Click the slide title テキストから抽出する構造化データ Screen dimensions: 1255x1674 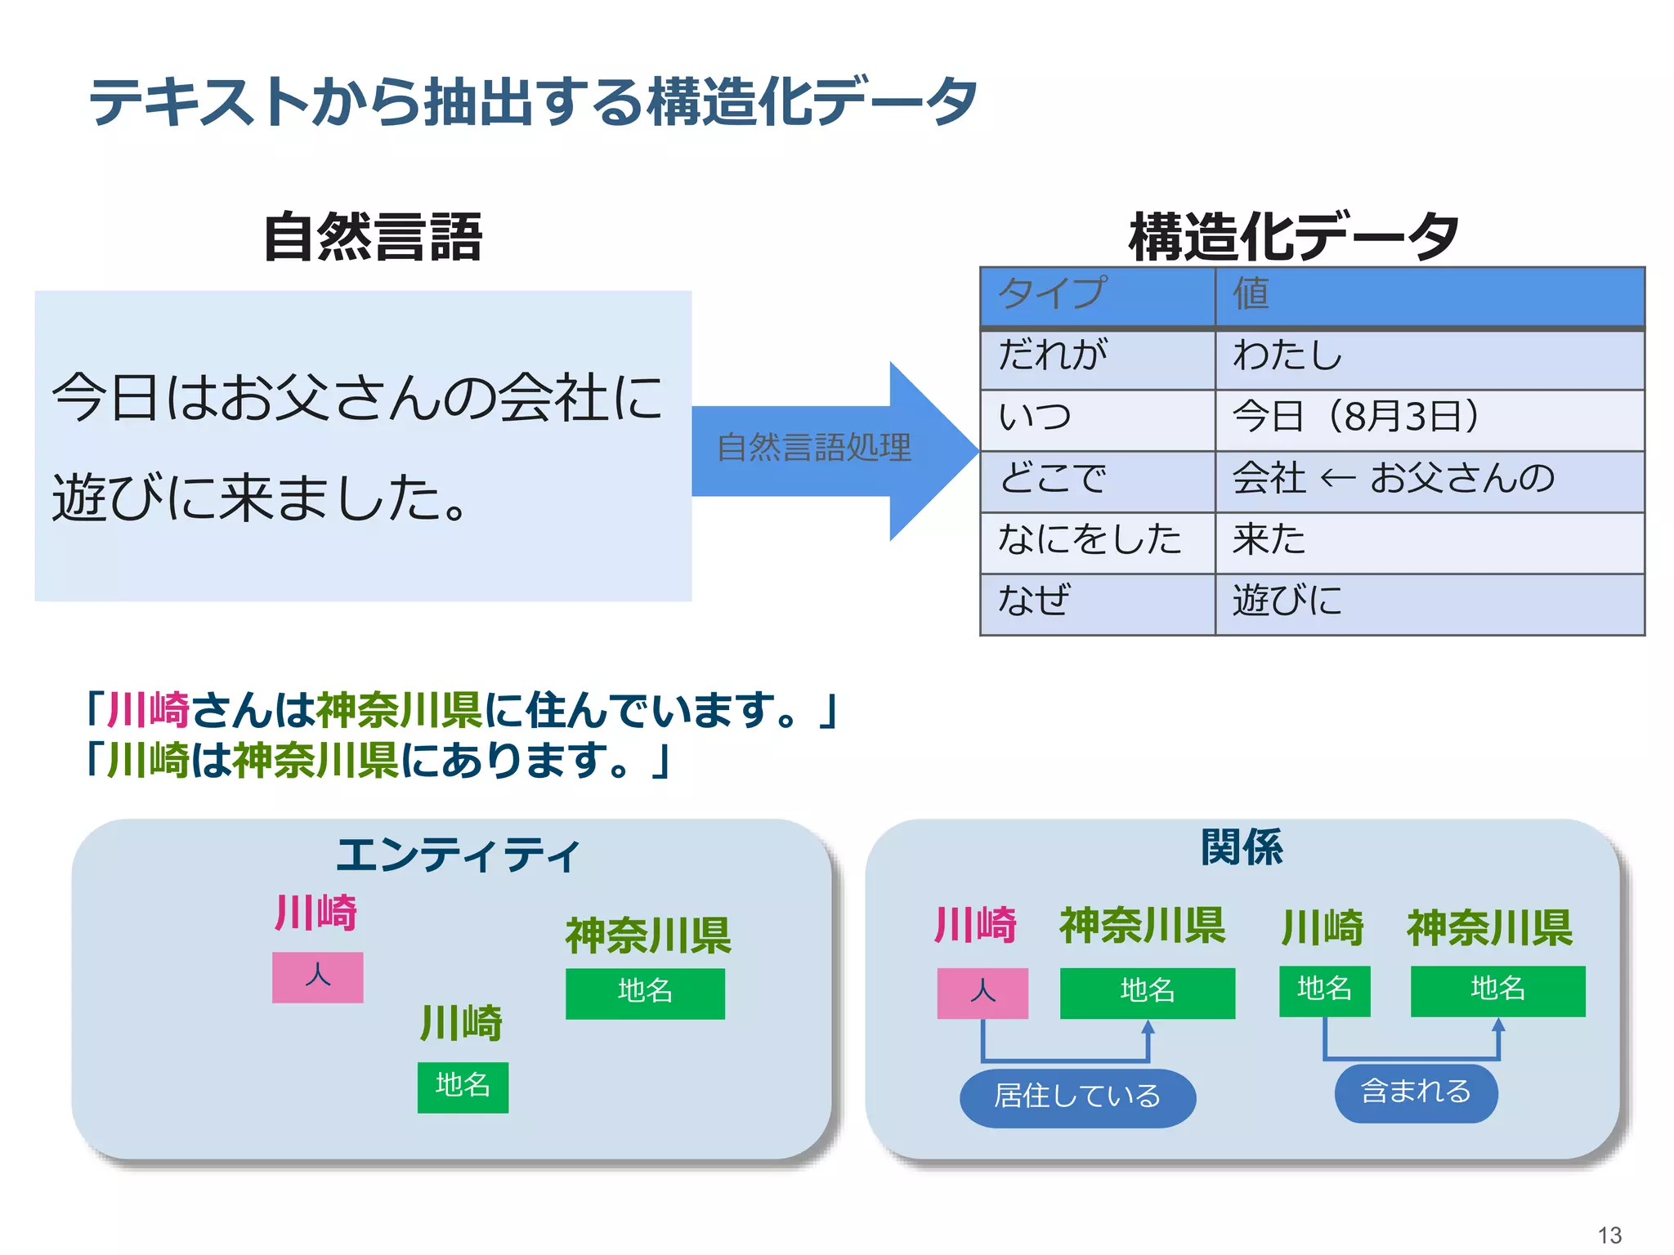(x=533, y=102)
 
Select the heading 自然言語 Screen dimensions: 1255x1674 (x=373, y=237)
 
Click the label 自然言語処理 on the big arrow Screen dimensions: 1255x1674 (x=813, y=448)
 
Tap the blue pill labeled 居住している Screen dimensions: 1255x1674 (x=1077, y=1096)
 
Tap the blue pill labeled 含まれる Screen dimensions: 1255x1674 (x=1416, y=1092)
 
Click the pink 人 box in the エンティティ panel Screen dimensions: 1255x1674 (x=317, y=976)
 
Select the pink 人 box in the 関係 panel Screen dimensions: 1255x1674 (x=982, y=993)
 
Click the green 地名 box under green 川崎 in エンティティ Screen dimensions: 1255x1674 (x=463, y=1087)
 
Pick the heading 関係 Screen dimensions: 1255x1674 (x=1242, y=847)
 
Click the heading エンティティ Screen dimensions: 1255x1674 (x=458, y=855)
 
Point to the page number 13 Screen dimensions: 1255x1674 (x=1609, y=1235)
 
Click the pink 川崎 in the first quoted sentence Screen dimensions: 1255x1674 (x=149, y=709)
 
